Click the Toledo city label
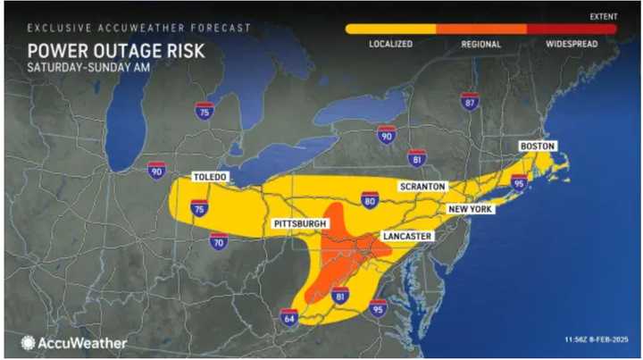[210, 178]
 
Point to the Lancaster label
[407, 236]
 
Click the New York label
[471, 208]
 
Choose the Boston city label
[538, 146]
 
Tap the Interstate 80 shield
[369, 199]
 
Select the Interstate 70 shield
[219, 240]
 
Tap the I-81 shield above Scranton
[415, 159]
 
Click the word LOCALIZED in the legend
[390, 44]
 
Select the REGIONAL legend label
[480, 44]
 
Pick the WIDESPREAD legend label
[572, 44]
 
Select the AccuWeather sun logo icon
[29, 342]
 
